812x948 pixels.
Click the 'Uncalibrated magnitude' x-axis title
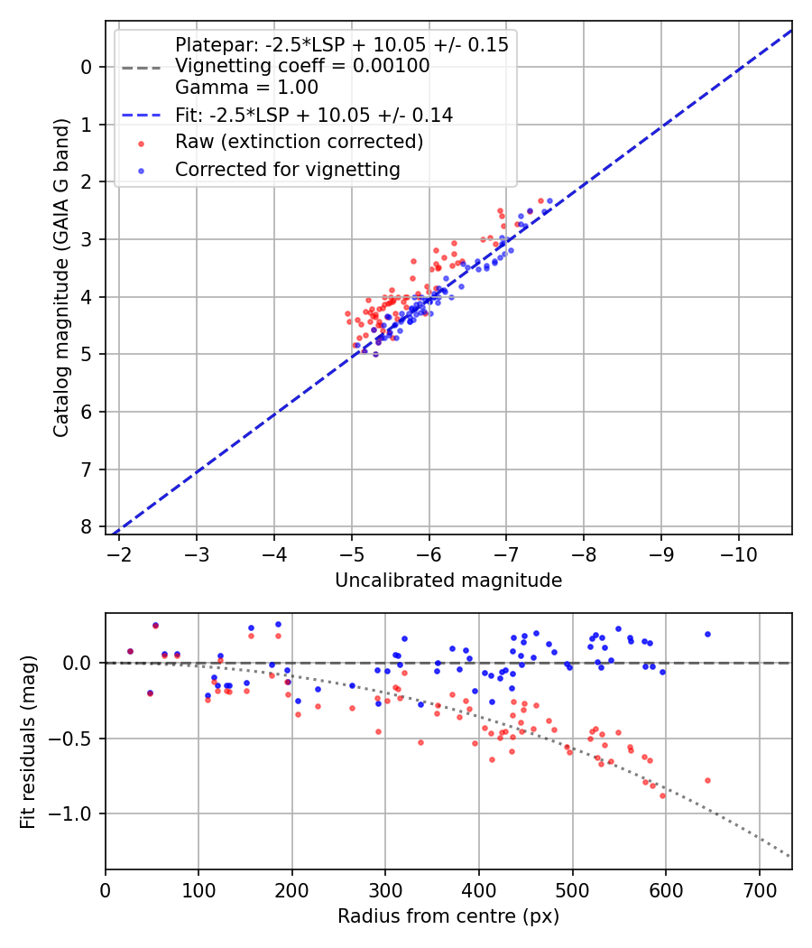pyautogui.click(x=448, y=581)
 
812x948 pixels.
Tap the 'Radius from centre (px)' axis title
pyautogui.click(x=448, y=916)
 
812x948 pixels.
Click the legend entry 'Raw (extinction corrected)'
pyautogui.click(x=299, y=142)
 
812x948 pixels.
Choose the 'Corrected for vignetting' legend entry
pyautogui.click(x=287, y=170)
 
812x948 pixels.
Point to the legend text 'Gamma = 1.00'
pyautogui.click(x=246, y=88)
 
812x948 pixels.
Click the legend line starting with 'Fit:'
pyautogui.click(x=314, y=115)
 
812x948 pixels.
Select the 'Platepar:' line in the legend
pyautogui.click(x=342, y=45)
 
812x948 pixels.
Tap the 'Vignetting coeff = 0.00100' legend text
pyautogui.click(x=302, y=66)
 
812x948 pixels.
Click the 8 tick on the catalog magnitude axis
pyautogui.click(x=87, y=526)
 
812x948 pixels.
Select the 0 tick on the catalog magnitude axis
pyautogui.click(x=87, y=67)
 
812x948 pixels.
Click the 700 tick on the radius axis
pyautogui.click(x=759, y=889)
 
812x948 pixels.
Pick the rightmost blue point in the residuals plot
pyautogui.click(x=707, y=634)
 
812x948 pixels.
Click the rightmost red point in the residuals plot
pyautogui.click(x=707, y=780)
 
